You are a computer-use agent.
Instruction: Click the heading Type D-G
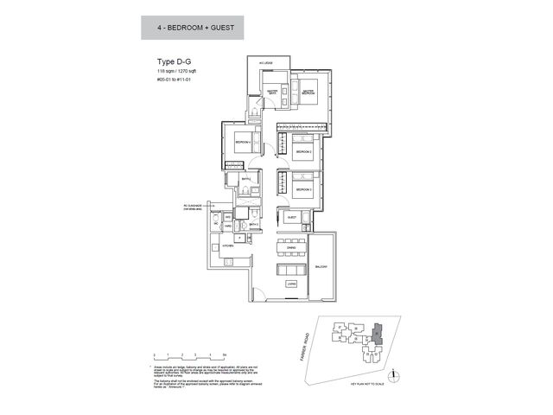coord(173,62)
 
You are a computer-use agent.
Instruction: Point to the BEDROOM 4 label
coord(244,143)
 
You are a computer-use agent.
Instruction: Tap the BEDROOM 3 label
coord(302,188)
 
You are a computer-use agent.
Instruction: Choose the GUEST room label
coord(291,217)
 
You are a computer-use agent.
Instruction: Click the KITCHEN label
coord(228,246)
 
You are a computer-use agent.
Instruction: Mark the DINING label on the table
coord(292,246)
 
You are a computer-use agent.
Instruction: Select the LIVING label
coord(293,283)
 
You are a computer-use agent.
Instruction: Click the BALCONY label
coord(321,266)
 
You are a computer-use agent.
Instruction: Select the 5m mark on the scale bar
coord(223,355)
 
